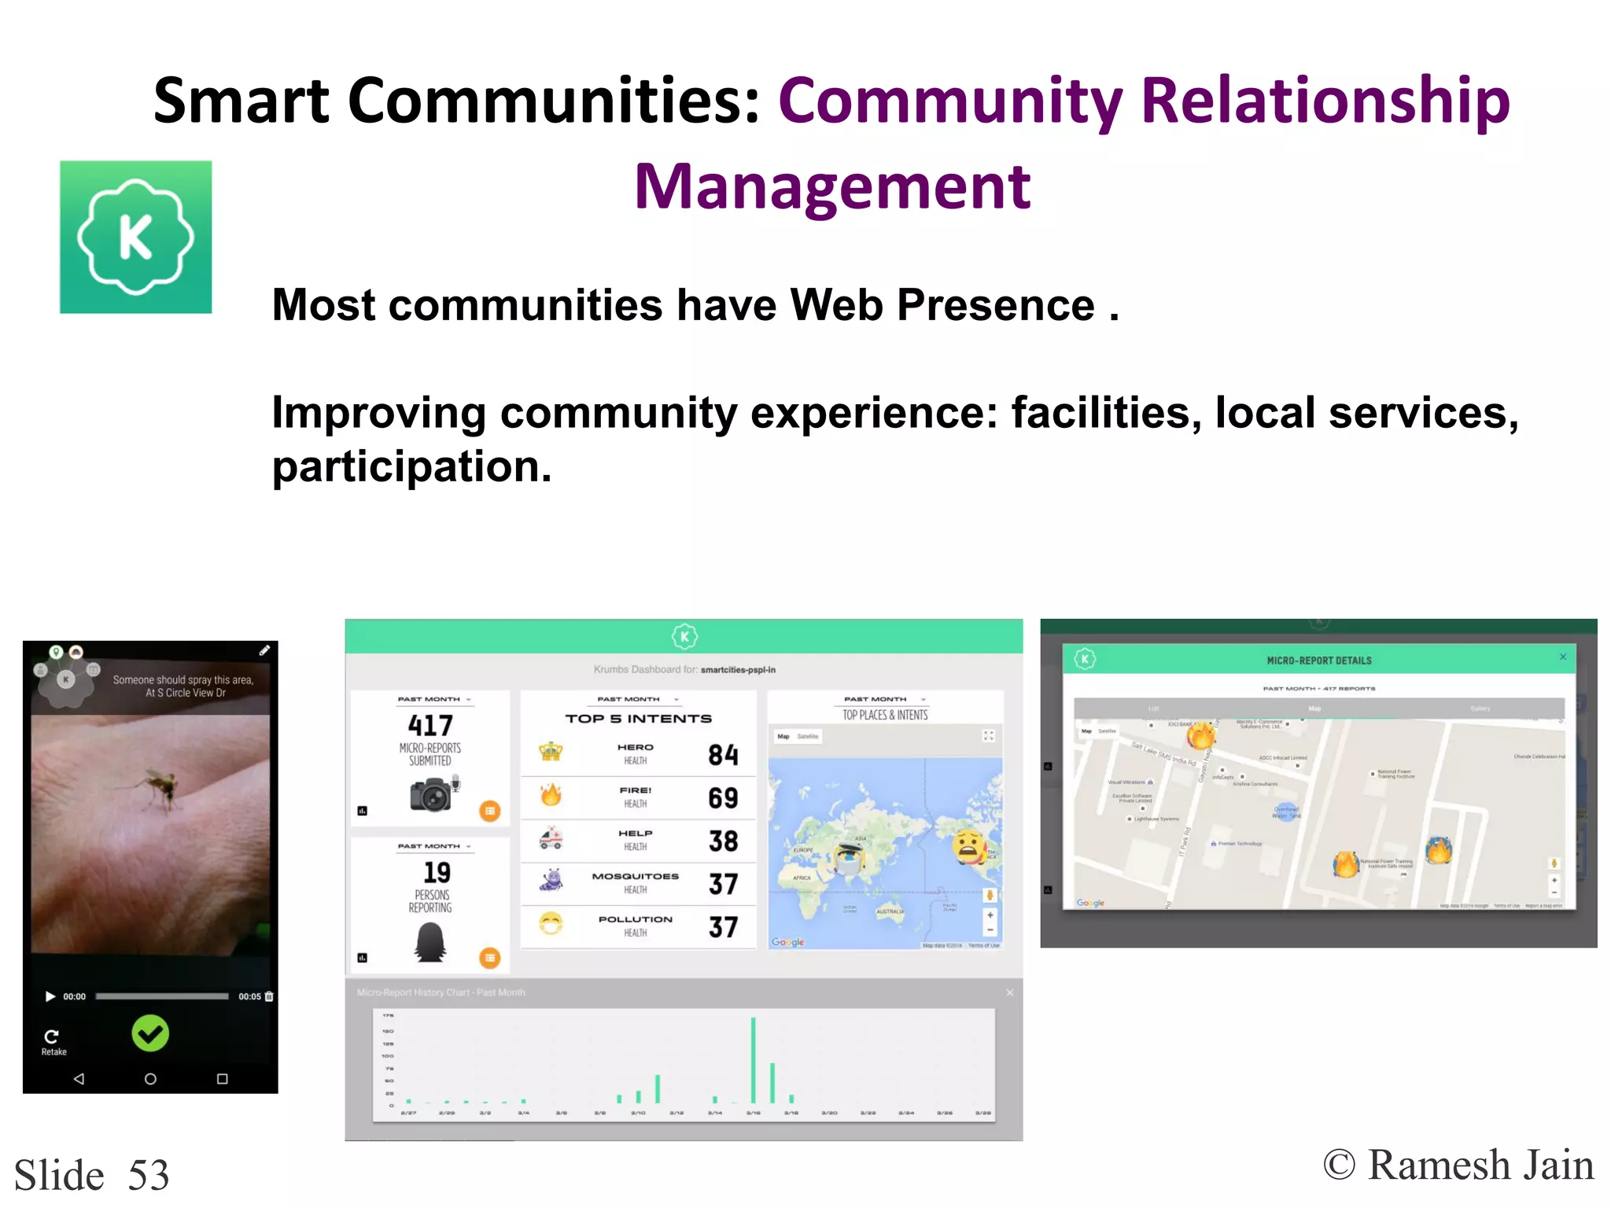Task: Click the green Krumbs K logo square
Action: click(136, 237)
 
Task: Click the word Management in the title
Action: click(832, 187)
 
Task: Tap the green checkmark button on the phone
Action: click(150, 1033)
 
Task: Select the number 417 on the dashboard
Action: click(430, 725)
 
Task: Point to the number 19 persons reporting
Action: click(437, 872)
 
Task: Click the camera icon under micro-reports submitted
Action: click(430, 794)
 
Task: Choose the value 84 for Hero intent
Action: click(723, 755)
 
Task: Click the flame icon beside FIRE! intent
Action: click(551, 795)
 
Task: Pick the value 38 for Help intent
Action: click(723, 842)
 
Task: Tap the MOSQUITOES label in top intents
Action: click(635, 876)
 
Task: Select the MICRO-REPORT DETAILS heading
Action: click(1319, 661)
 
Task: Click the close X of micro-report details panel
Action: click(1562, 657)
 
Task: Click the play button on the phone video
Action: click(50, 996)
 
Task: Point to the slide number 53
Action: click(149, 1175)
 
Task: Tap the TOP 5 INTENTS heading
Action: click(638, 719)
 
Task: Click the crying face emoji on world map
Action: click(970, 846)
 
